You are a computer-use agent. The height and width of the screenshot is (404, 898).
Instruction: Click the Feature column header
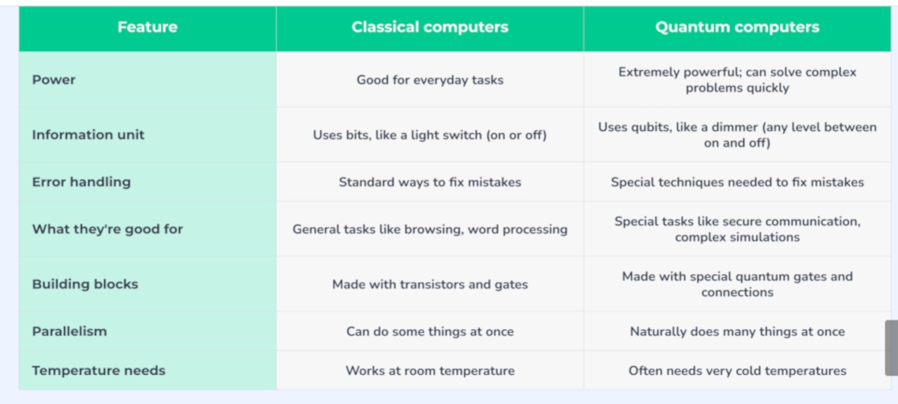click(x=147, y=27)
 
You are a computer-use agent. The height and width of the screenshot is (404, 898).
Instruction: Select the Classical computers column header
click(x=430, y=27)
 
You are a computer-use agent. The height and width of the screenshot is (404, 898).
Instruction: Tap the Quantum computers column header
click(x=737, y=27)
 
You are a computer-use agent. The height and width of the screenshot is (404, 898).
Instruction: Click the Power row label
click(x=54, y=80)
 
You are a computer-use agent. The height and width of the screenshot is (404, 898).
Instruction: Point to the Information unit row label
click(x=88, y=135)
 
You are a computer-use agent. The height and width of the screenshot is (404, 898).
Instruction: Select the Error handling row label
click(x=82, y=182)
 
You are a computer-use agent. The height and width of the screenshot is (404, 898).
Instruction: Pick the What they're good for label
click(x=108, y=229)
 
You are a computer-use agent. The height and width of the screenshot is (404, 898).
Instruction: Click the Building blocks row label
click(x=85, y=284)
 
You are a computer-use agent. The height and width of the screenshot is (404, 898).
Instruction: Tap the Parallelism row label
click(x=70, y=331)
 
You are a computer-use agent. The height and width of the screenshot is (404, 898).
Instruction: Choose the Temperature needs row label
click(x=99, y=371)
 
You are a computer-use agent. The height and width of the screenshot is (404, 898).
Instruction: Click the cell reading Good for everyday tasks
click(x=430, y=80)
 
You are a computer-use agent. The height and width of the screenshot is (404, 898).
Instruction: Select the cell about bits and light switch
click(x=430, y=135)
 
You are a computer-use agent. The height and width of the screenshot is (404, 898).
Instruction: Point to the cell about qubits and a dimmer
click(x=737, y=135)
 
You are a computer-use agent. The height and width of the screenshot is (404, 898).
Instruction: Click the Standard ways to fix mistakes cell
click(x=430, y=183)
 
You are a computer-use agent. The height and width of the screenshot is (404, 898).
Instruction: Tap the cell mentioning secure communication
click(x=737, y=229)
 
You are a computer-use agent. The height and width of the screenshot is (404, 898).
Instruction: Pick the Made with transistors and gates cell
click(x=430, y=284)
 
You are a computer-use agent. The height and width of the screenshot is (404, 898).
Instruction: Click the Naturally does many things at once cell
click(x=737, y=331)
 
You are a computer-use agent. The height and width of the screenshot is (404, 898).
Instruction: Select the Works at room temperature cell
click(x=430, y=371)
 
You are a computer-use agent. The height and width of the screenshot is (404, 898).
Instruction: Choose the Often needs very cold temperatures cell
click(x=737, y=371)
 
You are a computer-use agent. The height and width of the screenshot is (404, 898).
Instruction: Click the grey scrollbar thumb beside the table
click(x=891, y=348)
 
